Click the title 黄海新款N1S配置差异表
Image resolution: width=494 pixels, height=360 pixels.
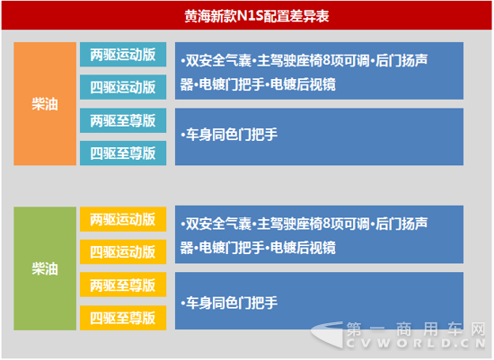(257, 16)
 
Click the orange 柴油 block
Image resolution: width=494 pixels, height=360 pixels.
(45, 103)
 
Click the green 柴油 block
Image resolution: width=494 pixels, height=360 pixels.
(45, 268)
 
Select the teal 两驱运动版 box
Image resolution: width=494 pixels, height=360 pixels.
(123, 55)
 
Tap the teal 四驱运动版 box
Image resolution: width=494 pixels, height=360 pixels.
(123, 87)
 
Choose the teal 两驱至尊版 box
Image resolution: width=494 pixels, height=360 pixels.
(123, 120)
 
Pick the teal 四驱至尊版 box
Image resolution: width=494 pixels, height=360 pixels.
(123, 154)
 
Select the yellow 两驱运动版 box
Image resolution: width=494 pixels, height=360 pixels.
(123, 219)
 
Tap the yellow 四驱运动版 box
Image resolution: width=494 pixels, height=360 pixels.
(123, 251)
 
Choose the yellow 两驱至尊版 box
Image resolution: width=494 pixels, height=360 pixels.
(123, 285)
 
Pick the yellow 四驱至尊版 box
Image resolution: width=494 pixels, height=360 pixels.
(123, 318)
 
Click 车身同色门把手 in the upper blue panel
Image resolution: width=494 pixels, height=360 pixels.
(232, 135)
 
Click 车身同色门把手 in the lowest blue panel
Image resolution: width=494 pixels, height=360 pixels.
(232, 303)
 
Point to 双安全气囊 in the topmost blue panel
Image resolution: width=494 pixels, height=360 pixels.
(218, 60)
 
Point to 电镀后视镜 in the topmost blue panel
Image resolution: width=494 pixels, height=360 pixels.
(303, 84)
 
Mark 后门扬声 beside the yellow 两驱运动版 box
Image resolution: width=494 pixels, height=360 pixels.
(401, 224)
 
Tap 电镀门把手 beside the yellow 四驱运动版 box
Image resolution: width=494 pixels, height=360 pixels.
(232, 248)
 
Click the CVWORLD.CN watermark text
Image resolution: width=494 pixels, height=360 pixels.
(416, 343)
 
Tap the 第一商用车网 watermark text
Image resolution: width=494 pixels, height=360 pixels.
(416, 329)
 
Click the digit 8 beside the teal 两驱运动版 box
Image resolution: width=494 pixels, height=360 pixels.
(326, 60)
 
